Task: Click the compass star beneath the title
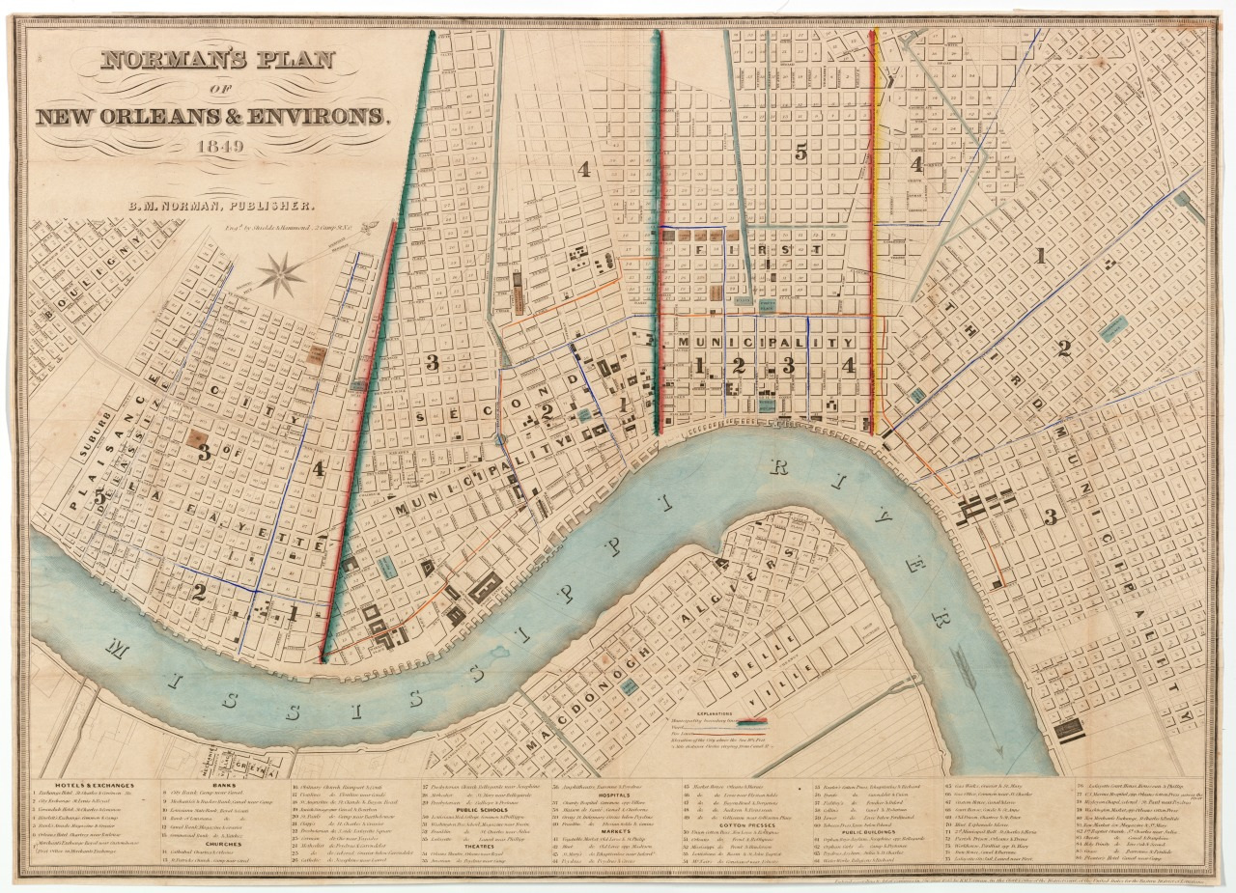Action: click(x=282, y=276)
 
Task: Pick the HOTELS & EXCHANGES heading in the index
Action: click(x=93, y=785)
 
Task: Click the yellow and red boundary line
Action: click(x=875, y=232)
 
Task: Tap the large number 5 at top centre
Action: click(x=801, y=151)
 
